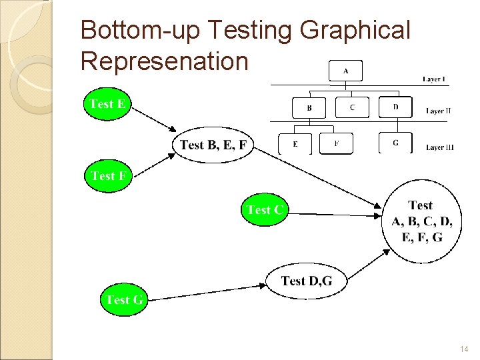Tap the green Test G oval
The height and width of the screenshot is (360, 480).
[x=123, y=300]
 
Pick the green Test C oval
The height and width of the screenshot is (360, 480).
[x=265, y=210]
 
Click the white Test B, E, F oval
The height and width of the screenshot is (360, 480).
[x=213, y=145]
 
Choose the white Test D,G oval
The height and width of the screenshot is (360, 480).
[x=306, y=281]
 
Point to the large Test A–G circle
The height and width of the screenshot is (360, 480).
[x=421, y=221]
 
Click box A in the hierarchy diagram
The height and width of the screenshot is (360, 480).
[x=345, y=71]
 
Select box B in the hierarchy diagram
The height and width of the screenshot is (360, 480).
[x=309, y=107]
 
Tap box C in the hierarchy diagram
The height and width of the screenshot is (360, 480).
[x=352, y=107]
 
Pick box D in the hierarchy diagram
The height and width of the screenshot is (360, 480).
[x=395, y=106]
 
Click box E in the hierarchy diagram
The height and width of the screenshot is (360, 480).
[x=295, y=144]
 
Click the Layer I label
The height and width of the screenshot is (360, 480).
[x=434, y=79]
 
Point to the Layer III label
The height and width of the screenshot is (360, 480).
[x=439, y=147]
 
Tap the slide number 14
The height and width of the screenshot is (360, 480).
[x=464, y=349]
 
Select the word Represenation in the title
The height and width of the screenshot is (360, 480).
[x=164, y=61]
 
